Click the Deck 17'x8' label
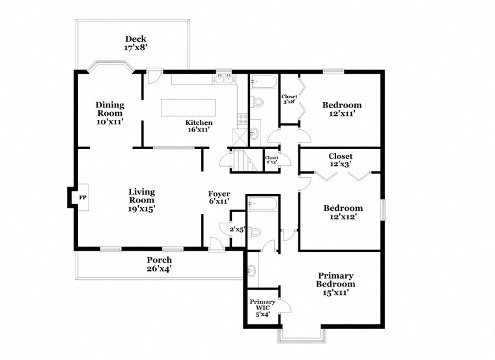pyautogui.click(x=137, y=43)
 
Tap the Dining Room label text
pyautogui.click(x=109, y=113)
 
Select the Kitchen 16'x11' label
pyautogui.click(x=199, y=126)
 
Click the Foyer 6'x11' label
pyautogui.click(x=218, y=198)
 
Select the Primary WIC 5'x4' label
pyautogui.click(x=262, y=307)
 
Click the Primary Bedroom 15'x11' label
pyautogui.click(x=335, y=284)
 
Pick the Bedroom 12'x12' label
pyautogui.click(x=343, y=212)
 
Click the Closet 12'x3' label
pyautogui.click(x=340, y=160)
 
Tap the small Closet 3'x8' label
pyautogui.click(x=289, y=99)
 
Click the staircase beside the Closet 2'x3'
pyautogui.click(x=240, y=160)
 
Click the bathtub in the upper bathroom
pyautogui.click(x=264, y=82)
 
